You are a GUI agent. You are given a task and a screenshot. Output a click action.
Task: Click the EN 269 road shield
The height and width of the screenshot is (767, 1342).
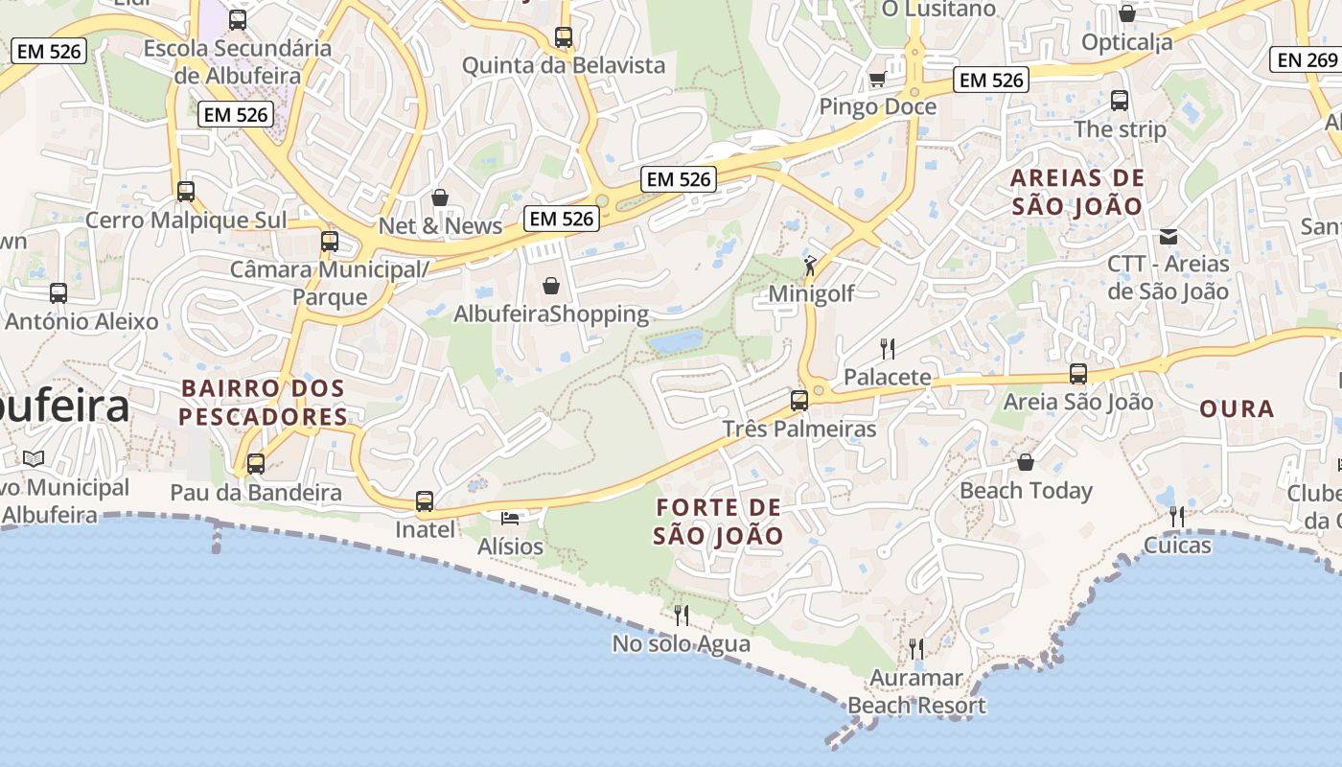coord(1305,59)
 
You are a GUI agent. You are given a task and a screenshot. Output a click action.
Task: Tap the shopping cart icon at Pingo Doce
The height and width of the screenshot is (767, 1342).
coord(877,79)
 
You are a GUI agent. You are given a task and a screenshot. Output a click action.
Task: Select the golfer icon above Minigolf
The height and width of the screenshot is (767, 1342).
coord(811,265)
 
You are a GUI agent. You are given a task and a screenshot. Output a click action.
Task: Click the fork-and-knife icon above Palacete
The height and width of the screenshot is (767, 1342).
coord(888,348)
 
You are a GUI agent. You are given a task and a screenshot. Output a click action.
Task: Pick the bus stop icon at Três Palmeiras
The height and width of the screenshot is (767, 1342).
coord(799,401)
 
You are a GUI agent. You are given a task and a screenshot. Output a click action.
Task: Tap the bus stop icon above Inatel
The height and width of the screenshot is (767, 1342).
coord(425,500)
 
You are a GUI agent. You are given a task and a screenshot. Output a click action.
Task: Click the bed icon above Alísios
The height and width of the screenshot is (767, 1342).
coord(510,519)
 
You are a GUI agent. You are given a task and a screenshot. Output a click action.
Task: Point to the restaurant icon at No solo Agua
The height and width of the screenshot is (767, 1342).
coord(682,614)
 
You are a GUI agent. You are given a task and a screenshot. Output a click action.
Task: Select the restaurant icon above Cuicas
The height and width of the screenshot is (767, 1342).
coord(1177,517)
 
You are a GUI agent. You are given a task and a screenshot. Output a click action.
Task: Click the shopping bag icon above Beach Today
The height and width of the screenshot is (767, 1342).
coord(1026,462)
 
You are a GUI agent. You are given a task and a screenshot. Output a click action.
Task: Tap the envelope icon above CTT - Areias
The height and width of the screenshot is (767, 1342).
coord(1168,236)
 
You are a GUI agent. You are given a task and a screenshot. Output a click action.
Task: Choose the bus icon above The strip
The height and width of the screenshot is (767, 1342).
coord(1120,100)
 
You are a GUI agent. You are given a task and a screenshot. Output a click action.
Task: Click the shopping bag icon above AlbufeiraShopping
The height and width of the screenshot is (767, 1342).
coord(551,286)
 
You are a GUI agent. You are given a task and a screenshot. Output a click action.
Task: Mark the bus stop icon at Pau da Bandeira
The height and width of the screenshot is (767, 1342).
coord(256,464)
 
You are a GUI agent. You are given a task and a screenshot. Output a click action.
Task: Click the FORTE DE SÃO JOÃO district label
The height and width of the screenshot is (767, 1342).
coord(718,522)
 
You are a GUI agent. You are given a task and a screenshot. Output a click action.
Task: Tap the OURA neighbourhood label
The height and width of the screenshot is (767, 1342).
coord(1237,409)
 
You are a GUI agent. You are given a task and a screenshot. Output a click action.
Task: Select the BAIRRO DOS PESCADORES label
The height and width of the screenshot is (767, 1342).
coord(263,403)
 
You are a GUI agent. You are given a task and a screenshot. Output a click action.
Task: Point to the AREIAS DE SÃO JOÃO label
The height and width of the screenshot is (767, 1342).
coord(1077,192)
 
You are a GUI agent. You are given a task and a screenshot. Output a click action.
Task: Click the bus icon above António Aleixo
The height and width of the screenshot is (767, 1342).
coord(58,293)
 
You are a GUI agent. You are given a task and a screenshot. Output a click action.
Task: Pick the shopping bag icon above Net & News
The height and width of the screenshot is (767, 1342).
coord(440,198)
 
